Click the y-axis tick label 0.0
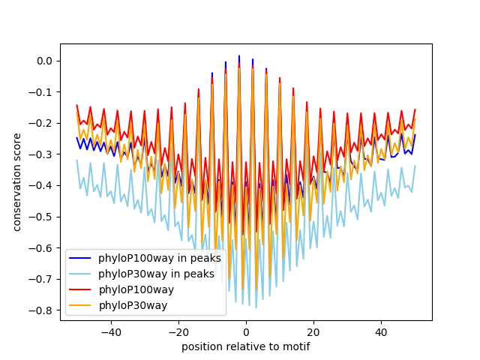coord(44,61)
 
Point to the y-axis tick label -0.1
coord(43,92)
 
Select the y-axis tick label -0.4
coord(43,185)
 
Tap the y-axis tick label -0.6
coord(43,247)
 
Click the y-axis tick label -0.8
coord(43,310)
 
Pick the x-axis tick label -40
coord(110,331)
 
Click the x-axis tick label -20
coord(178,331)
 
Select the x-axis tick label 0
coord(246,331)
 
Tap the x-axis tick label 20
coord(313,331)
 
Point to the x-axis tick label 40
coord(381,331)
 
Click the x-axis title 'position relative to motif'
coord(245,346)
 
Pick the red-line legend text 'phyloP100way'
coord(136,289)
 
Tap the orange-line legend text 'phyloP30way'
coord(133,305)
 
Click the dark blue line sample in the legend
coord(79,259)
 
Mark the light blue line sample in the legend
coord(79,274)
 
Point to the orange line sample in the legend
coord(79,305)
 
